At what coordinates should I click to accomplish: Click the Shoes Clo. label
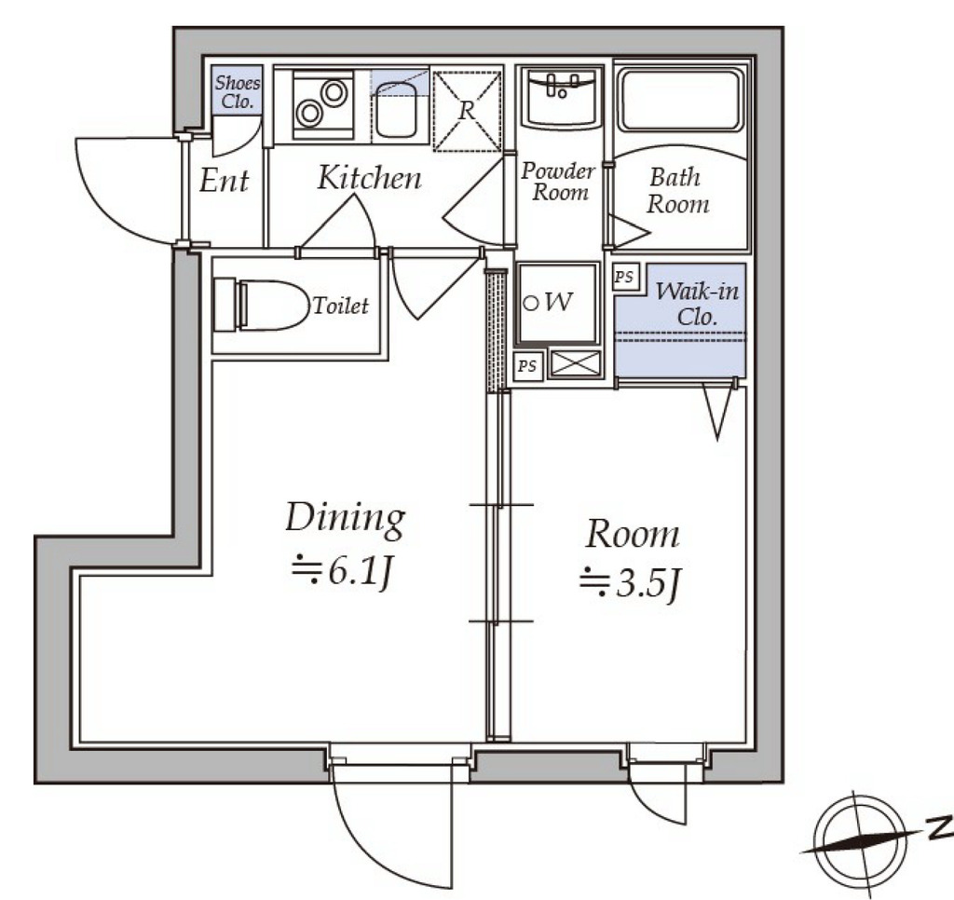(x=238, y=92)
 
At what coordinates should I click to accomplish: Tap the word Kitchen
(x=369, y=178)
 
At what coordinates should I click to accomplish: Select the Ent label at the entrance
(x=224, y=181)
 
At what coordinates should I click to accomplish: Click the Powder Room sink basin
(x=560, y=98)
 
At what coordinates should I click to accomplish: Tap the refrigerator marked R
(x=467, y=111)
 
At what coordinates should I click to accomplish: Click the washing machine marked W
(x=557, y=303)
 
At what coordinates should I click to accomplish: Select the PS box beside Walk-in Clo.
(x=623, y=277)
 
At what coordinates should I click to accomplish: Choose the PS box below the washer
(x=527, y=366)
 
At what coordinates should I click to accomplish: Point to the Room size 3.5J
(x=629, y=582)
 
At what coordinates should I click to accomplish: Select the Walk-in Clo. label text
(x=697, y=304)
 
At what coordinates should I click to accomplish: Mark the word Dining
(x=345, y=519)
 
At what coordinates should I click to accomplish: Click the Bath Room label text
(x=677, y=190)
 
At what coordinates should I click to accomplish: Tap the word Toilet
(x=340, y=305)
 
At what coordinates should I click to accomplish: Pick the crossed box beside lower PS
(x=574, y=364)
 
